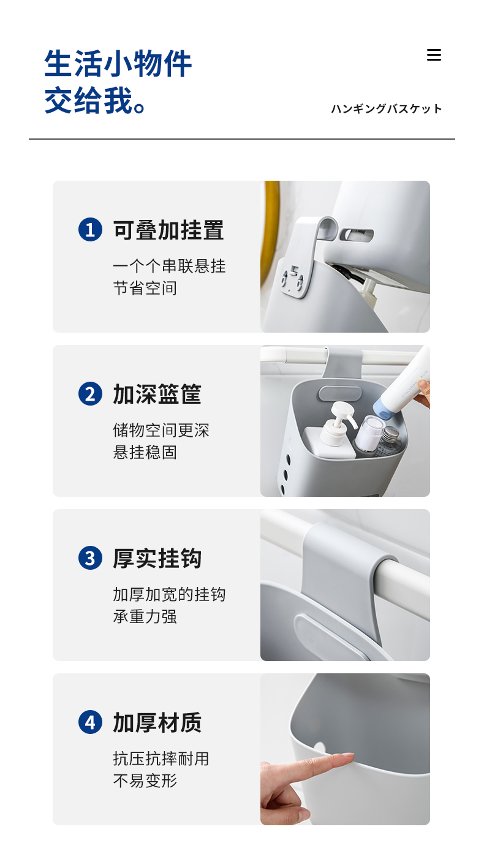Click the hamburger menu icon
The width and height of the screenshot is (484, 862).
[434, 55]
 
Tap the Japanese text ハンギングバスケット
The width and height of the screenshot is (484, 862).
[386, 109]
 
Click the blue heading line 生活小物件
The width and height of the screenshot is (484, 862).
[118, 64]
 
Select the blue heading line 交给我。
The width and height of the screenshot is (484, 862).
[94, 100]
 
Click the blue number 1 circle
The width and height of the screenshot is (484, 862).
[91, 230]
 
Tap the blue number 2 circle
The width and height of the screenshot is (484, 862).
[91, 394]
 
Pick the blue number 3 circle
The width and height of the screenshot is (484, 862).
[91, 558]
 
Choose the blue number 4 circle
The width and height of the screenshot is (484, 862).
[91, 722]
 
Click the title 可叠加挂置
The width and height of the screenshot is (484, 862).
[168, 230]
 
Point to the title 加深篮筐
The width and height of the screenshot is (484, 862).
[157, 394]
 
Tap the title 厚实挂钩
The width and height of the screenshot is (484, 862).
[157, 558]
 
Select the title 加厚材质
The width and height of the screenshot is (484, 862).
[157, 722]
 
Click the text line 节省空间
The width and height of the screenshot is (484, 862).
[145, 288]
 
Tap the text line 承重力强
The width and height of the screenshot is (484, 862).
[145, 616]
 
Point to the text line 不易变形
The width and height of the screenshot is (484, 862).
[145, 781]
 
